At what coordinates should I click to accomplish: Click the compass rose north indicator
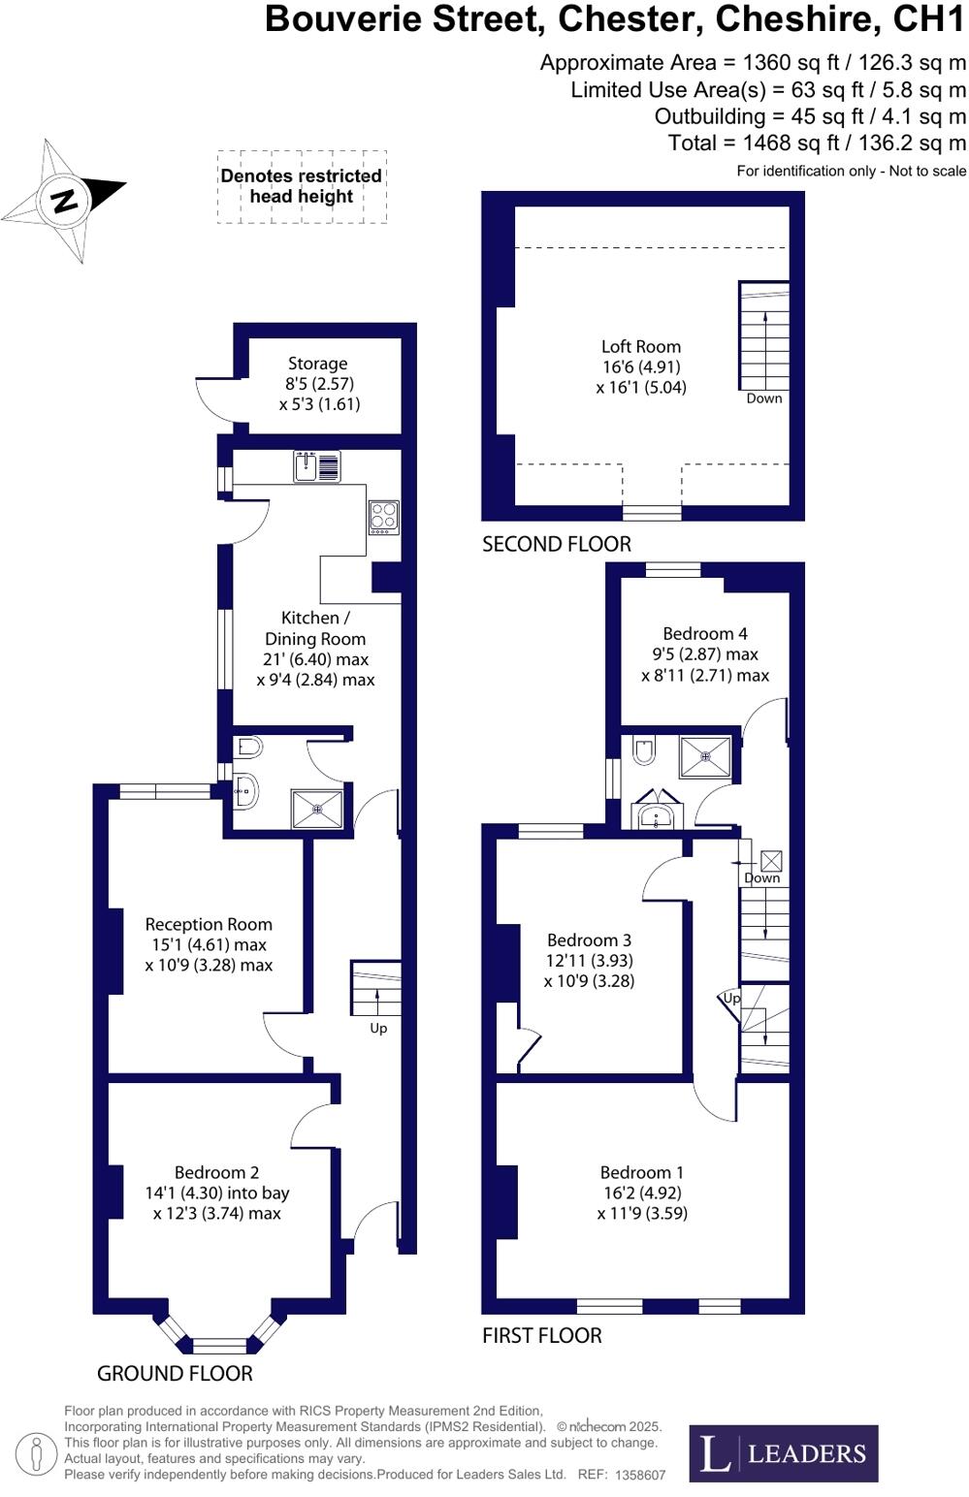click(64, 201)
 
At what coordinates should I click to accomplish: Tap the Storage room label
click(317, 364)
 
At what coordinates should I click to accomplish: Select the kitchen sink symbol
click(317, 466)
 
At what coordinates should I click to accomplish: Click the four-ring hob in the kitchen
click(383, 517)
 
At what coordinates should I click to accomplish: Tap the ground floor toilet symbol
click(248, 748)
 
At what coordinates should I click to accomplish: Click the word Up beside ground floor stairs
click(378, 1028)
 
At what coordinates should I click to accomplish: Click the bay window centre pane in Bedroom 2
click(219, 1346)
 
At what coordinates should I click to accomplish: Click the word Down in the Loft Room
click(764, 398)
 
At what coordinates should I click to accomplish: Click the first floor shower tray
click(705, 756)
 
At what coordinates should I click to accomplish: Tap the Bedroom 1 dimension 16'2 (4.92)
click(642, 1193)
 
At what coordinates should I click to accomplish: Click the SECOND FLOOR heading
click(557, 544)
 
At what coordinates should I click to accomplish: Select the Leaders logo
click(784, 1453)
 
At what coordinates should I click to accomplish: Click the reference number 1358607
click(640, 1475)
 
